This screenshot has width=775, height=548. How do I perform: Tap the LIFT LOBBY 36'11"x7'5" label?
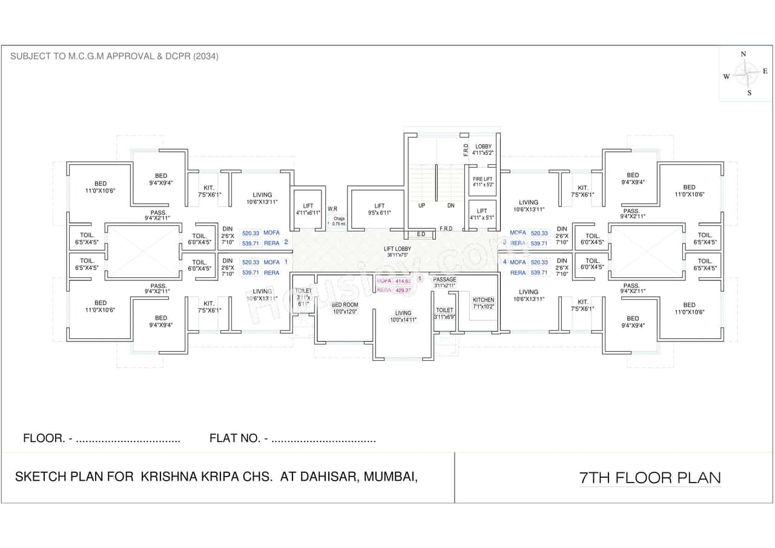[x=397, y=252]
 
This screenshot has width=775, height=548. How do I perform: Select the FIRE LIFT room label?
[x=483, y=180]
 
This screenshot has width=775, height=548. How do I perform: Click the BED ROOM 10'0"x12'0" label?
[x=345, y=308]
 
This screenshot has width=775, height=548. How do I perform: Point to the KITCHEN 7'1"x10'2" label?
[x=483, y=303]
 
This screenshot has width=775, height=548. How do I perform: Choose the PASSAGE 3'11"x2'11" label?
[x=445, y=282]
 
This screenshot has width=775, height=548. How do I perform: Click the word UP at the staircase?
[x=421, y=205]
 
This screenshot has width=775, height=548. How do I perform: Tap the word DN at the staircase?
[x=450, y=205]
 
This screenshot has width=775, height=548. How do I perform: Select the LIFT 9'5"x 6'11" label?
[x=379, y=210]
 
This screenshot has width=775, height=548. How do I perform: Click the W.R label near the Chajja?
[x=332, y=209]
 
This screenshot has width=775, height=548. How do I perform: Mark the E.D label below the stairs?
[x=421, y=234]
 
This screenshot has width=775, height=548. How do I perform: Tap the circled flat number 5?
[x=420, y=279]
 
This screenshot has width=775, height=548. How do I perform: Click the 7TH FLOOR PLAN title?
[x=650, y=478]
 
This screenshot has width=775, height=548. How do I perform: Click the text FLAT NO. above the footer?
[x=235, y=438]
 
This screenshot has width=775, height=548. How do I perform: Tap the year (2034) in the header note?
[x=206, y=56]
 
